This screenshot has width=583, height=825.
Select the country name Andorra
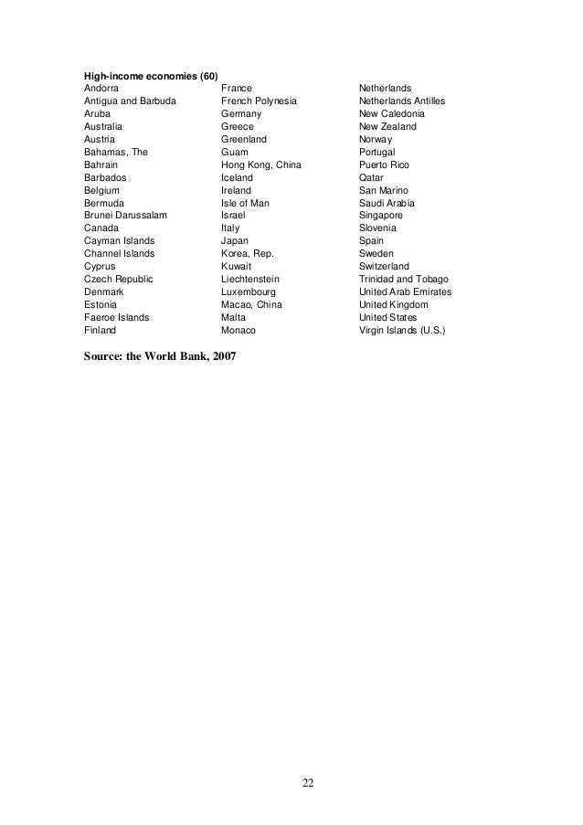pyautogui.click(x=101, y=88)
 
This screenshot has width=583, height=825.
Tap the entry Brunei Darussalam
pyautogui.click(x=125, y=215)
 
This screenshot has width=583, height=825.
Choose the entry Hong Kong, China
pyautogui.click(x=260, y=164)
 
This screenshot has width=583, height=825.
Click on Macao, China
pyautogui.click(x=251, y=304)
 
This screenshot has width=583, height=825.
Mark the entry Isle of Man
pyautogui.click(x=245, y=203)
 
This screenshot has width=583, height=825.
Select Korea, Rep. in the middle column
pyautogui.click(x=248, y=253)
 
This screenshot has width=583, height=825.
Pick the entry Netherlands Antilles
pyautogui.click(x=402, y=100)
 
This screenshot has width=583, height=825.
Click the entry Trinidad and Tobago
pyautogui.click(x=404, y=279)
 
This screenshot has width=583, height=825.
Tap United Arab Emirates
pyautogui.click(x=405, y=291)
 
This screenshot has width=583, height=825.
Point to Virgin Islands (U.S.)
pyautogui.click(x=402, y=330)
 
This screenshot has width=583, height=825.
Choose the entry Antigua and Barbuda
pyautogui.click(x=131, y=100)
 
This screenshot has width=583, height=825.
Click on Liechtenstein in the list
pyautogui.click(x=250, y=279)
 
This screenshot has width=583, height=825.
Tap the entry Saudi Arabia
pyautogui.click(x=387, y=203)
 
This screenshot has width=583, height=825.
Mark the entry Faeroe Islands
pyautogui.click(x=116, y=317)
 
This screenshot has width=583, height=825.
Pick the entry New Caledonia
pyautogui.click(x=392, y=113)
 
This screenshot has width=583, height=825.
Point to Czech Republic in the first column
pyautogui.click(x=119, y=279)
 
